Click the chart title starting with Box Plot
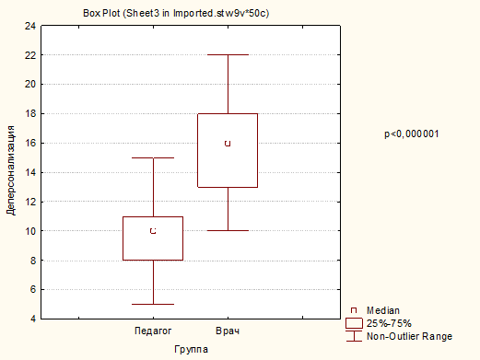click(x=176, y=14)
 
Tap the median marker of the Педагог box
click(x=153, y=231)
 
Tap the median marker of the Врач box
click(x=228, y=144)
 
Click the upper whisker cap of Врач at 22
click(x=228, y=54)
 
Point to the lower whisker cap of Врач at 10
click(x=228, y=230)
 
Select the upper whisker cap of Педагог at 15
click(x=153, y=157)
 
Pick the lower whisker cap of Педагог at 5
click(x=153, y=304)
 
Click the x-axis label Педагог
click(x=153, y=331)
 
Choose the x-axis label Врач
click(x=228, y=331)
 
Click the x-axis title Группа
click(x=191, y=349)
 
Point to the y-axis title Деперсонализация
click(x=11, y=170)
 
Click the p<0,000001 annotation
click(x=412, y=134)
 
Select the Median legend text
click(x=383, y=310)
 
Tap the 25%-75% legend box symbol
click(x=354, y=323)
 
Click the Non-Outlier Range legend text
click(x=409, y=336)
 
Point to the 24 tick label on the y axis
click(x=30, y=26)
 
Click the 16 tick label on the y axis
click(x=30, y=143)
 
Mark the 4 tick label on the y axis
click(x=33, y=319)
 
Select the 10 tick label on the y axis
click(x=30, y=231)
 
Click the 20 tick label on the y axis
click(x=30, y=84)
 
